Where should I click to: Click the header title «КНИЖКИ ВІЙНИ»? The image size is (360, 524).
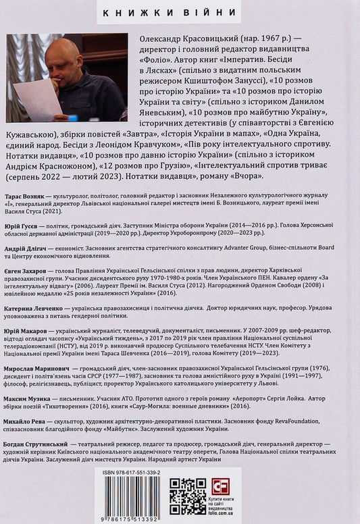pyautogui.click(x=180, y=12)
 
